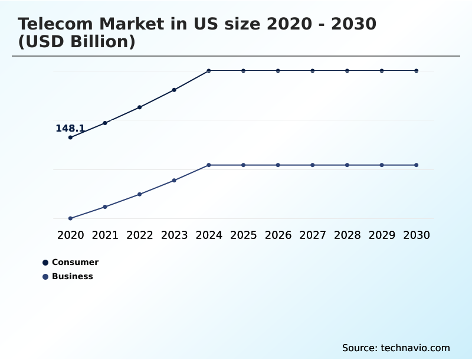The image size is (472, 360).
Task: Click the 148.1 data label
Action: [x=70, y=128]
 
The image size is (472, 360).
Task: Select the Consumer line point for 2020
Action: [x=70, y=138]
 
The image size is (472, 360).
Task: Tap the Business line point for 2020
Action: [x=70, y=218]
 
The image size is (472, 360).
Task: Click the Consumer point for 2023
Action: [x=174, y=90]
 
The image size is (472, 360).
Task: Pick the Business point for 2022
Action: [x=140, y=194]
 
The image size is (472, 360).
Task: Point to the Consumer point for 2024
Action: [x=209, y=71]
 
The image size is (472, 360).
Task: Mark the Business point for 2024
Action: [x=209, y=165]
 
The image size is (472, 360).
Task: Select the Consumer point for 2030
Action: [x=416, y=71]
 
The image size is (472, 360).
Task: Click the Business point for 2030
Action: [x=416, y=165]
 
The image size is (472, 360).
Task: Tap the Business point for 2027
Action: [x=313, y=165]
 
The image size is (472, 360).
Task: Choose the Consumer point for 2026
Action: [x=278, y=71]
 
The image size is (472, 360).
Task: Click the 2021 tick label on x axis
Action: [x=105, y=235]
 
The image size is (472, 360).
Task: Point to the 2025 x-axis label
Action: [x=243, y=235]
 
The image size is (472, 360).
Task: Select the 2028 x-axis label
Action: [x=347, y=235]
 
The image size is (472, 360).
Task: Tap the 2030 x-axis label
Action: [x=416, y=235]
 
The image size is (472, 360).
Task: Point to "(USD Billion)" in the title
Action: [x=77, y=42]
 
